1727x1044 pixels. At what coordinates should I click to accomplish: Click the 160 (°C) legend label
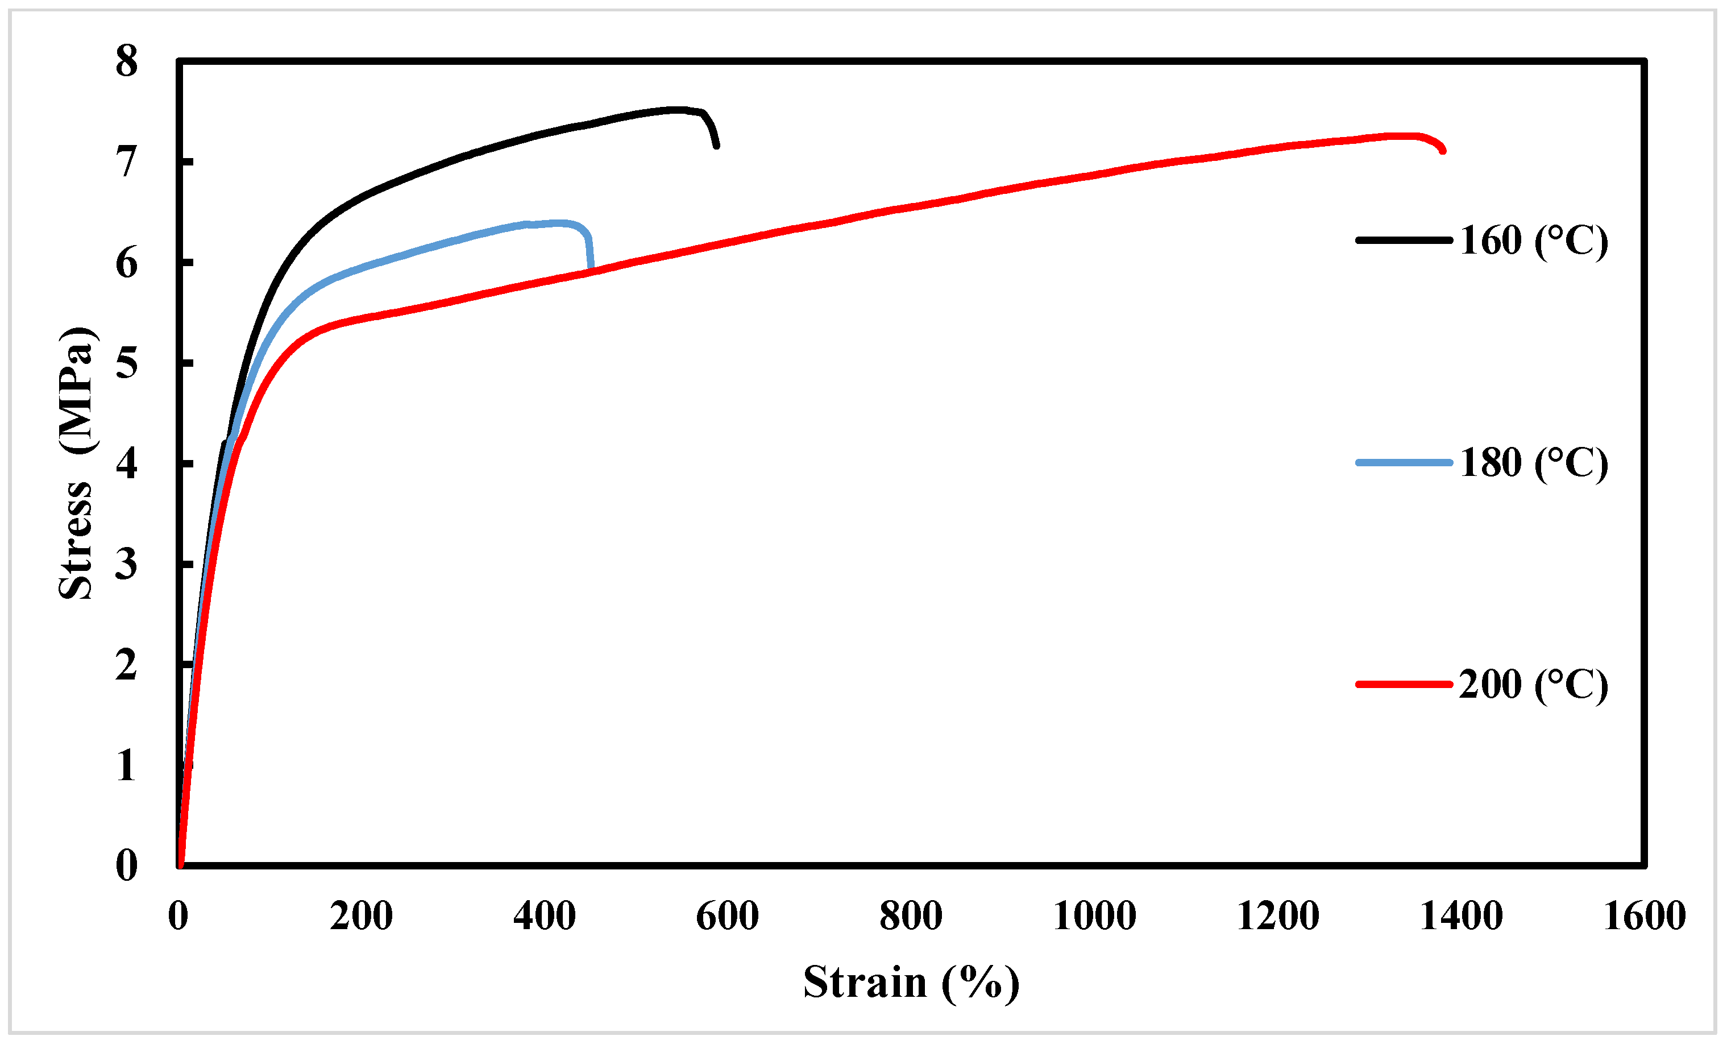1534,241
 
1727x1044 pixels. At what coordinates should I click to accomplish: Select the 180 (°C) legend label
1534,463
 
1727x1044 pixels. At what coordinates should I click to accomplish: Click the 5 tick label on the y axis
127,363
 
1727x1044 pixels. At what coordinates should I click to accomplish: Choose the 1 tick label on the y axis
127,765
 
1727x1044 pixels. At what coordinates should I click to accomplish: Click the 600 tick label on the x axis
728,915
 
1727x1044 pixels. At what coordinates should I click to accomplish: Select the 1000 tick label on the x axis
1094,915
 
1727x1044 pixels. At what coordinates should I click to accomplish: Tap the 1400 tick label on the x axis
1462,915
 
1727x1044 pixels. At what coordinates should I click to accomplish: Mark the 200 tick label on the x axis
361,915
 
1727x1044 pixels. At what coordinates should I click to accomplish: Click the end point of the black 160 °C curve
716,145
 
